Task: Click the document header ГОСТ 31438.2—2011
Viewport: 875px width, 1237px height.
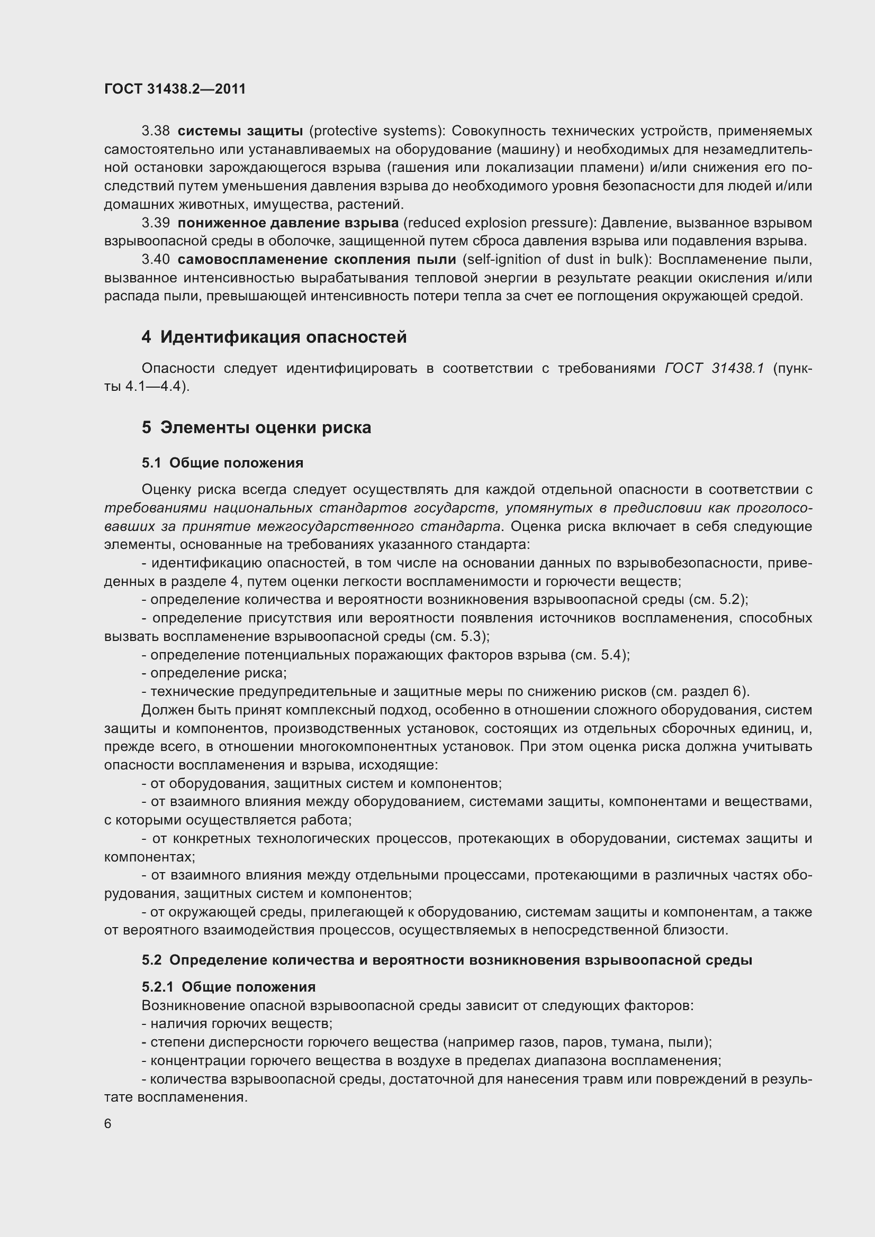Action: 175,89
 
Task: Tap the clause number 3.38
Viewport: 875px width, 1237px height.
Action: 155,131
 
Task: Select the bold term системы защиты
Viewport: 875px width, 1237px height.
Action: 240,131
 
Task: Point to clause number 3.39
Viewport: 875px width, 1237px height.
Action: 155,223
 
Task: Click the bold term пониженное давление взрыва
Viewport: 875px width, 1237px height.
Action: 288,223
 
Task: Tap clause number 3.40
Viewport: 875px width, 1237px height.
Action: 155,259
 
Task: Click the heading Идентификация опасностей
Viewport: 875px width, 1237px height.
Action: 284,337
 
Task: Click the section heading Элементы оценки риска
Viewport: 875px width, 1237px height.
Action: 266,427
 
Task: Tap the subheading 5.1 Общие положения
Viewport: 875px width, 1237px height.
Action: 222,462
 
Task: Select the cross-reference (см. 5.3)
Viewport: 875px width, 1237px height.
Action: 459,636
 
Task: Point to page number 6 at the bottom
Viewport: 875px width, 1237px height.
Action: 108,1124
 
